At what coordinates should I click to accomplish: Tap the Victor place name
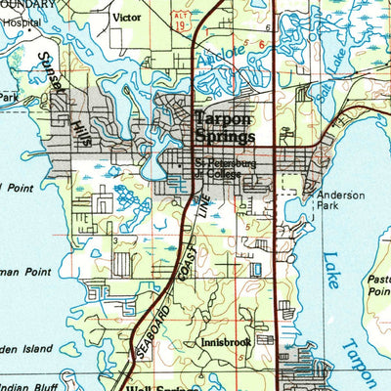click(x=127, y=18)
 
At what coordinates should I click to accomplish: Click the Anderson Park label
click(x=339, y=201)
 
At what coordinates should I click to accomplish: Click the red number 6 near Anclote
click(x=262, y=44)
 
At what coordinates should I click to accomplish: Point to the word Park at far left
click(x=9, y=98)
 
